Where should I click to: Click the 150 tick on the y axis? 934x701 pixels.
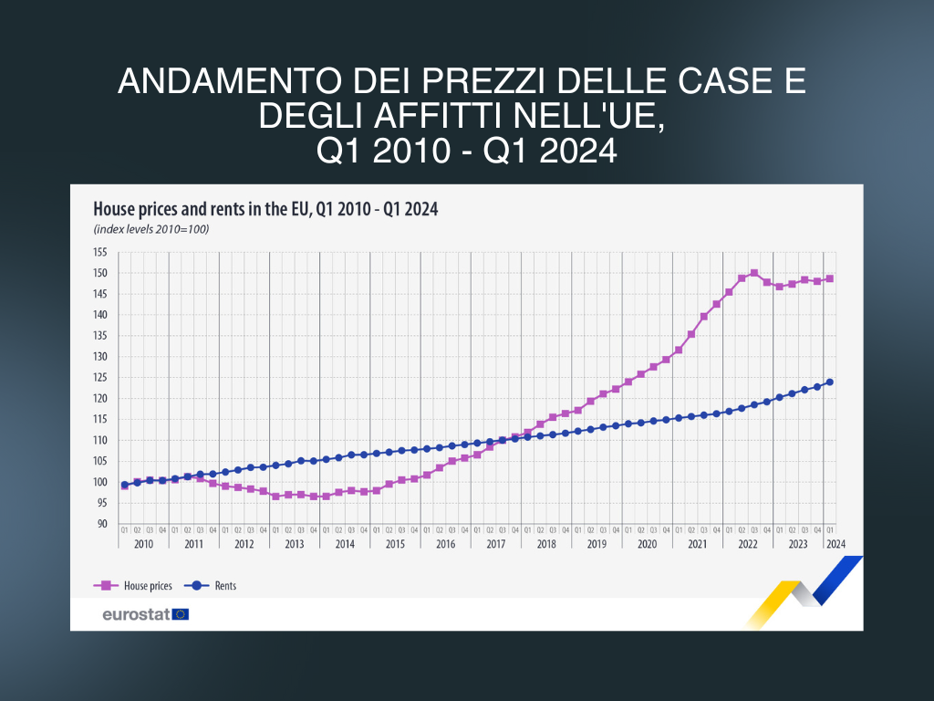point(100,273)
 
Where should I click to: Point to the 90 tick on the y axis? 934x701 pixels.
point(102,524)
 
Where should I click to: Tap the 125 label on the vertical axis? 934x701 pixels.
point(100,378)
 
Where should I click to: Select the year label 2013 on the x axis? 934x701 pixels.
point(294,544)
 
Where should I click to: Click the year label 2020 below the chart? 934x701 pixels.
point(647,544)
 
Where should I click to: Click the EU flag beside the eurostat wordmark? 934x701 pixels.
point(180,614)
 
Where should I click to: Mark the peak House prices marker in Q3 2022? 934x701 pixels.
point(754,273)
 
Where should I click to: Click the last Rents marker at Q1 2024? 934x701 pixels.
point(830,382)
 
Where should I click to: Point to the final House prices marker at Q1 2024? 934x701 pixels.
point(830,278)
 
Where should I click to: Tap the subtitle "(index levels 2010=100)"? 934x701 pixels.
point(151,229)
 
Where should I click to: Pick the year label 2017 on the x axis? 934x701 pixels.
point(495,544)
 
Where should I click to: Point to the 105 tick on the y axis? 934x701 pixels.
point(100,461)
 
